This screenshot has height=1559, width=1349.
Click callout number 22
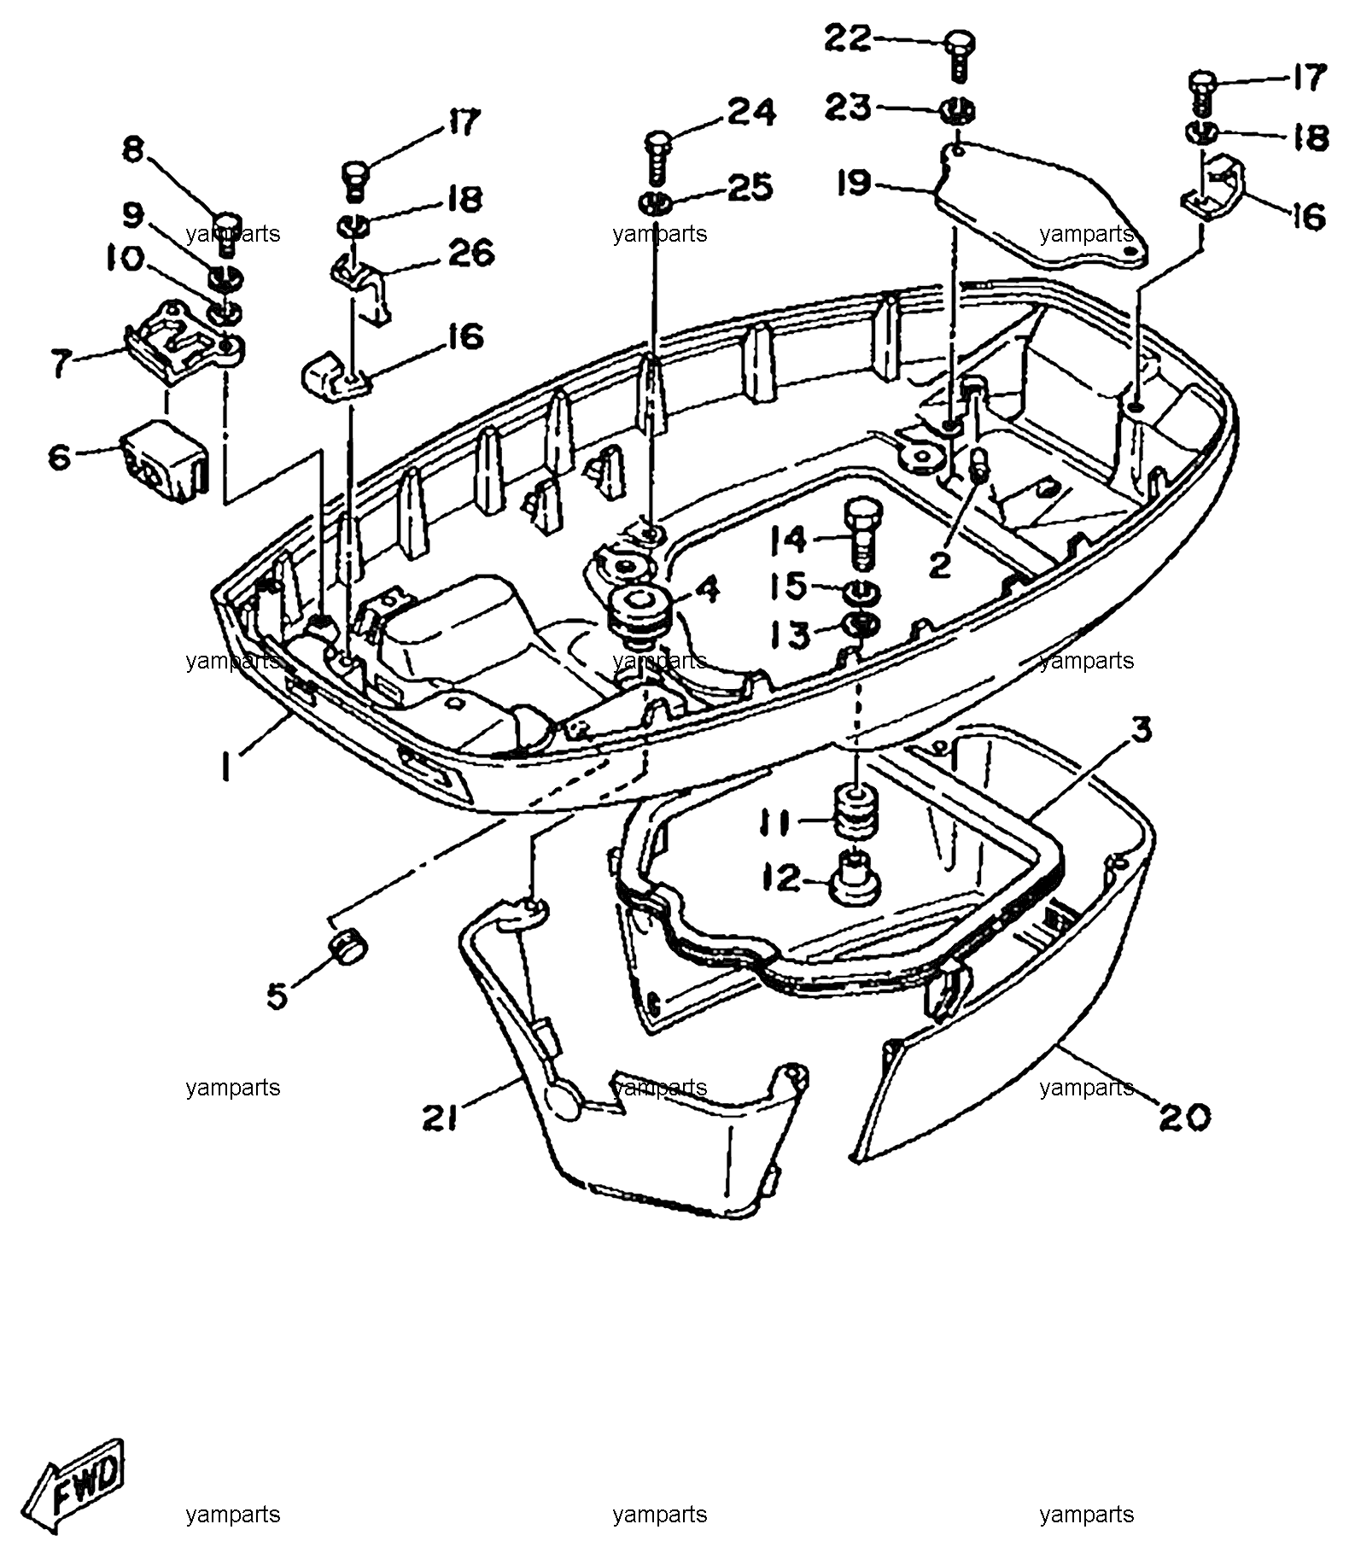pyautogui.click(x=848, y=38)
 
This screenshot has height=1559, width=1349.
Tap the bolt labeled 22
pyautogui.click(x=961, y=57)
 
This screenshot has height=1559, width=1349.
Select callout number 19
pyautogui.click(x=854, y=182)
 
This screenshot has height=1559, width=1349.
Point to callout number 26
pyautogui.click(x=470, y=253)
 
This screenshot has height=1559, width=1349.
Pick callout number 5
pyautogui.click(x=277, y=995)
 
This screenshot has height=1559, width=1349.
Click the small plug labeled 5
pyautogui.click(x=347, y=947)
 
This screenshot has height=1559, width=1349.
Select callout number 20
pyautogui.click(x=1184, y=1115)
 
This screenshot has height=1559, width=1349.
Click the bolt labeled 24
pyautogui.click(x=657, y=158)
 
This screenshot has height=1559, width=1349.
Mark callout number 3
pyautogui.click(x=1142, y=731)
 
